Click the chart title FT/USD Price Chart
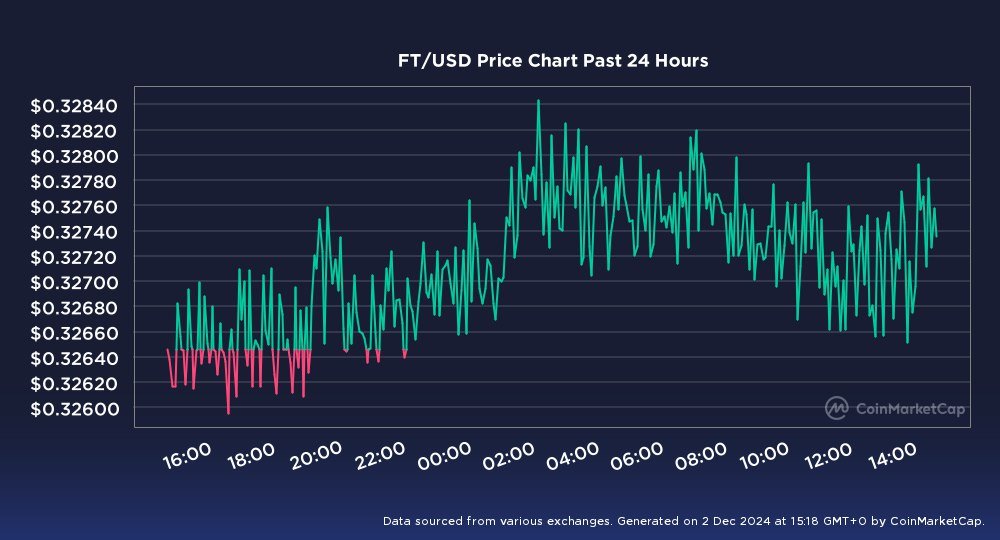[x=553, y=61]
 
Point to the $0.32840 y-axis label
[x=74, y=106]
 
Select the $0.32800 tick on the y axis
[x=74, y=156]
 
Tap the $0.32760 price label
[x=74, y=207]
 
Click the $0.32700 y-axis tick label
[x=74, y=282]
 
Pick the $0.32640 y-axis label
[x=74, y=358]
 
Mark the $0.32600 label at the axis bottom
[x=74, y=408]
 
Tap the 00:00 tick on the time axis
[x=443, y=459]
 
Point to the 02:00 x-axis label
[x=507, y=459]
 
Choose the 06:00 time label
[x=635, y=459]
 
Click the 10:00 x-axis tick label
[x=764, y=459]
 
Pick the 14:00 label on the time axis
[x=892, y=459]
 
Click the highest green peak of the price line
[x=538, y=101]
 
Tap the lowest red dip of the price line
[x=228, y=412]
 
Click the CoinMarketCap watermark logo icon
[x=837, y=407]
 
